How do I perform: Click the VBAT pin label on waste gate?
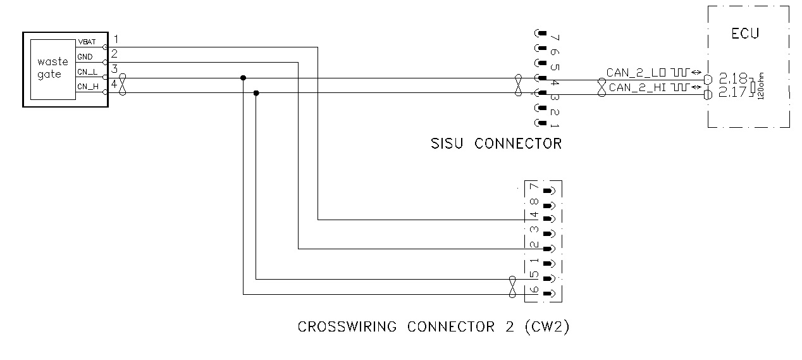coord(86,42)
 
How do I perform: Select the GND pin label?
coord(85,57)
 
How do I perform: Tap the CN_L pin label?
coord(87,72)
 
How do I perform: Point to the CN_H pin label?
coord(87,87)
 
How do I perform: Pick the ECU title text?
coord(744,34)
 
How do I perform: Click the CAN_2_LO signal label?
coord(635,72)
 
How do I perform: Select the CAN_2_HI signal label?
coord(637,87)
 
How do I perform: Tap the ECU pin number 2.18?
coord(732,78)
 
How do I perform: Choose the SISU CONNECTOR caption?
coord(495,144)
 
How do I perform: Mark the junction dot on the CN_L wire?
coord(244,78)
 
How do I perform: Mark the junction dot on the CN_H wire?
coord(256,93)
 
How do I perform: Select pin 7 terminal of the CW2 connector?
coord(549,190)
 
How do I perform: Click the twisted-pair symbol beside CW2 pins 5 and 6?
coord(512,286)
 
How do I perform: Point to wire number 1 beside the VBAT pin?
coord(116,40)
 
